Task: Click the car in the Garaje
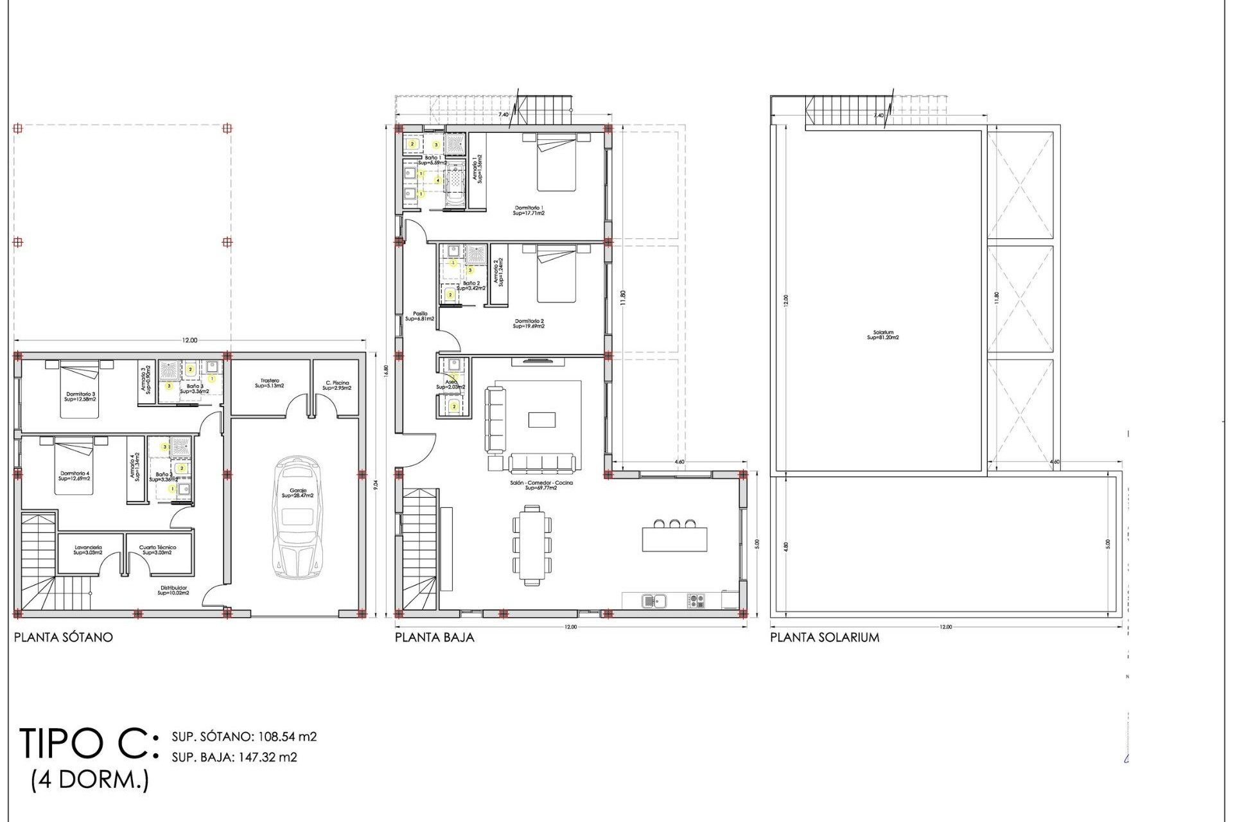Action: [297, 517]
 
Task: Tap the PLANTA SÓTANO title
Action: [64, 638]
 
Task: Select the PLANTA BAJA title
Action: [435, 638]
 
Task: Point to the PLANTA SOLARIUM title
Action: [825, 638]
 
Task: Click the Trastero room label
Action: [270, 383]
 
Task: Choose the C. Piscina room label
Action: [337, 385]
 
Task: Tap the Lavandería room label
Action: [88, 550]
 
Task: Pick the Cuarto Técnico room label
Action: [157, 550]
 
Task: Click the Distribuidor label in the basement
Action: [173, 590]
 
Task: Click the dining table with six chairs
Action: [532, 545]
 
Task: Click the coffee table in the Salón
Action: [542, 419]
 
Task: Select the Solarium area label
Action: [883, 335]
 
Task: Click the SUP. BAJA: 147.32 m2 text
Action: [234, 758]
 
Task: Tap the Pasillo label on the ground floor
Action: [420, 317]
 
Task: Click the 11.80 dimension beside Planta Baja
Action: [623, 299]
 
